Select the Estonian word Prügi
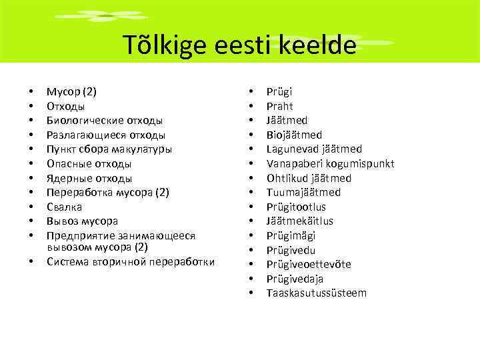coord(279,92)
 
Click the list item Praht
coord(280,106)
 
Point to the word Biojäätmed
coord(294,135)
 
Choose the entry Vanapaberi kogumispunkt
coord(330,163)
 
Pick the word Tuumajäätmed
coord(303,192)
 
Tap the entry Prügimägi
coord(291,235)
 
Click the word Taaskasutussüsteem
coord(317,293)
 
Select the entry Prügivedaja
coord(295,279)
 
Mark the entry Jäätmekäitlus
coord(300,221)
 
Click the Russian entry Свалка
coord(65,207)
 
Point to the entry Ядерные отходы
coord(89,178)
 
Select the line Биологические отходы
coord(105,121)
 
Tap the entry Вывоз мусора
coord(82,221)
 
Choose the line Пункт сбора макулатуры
coord(109,149)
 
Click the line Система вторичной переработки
coord(131,261)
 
